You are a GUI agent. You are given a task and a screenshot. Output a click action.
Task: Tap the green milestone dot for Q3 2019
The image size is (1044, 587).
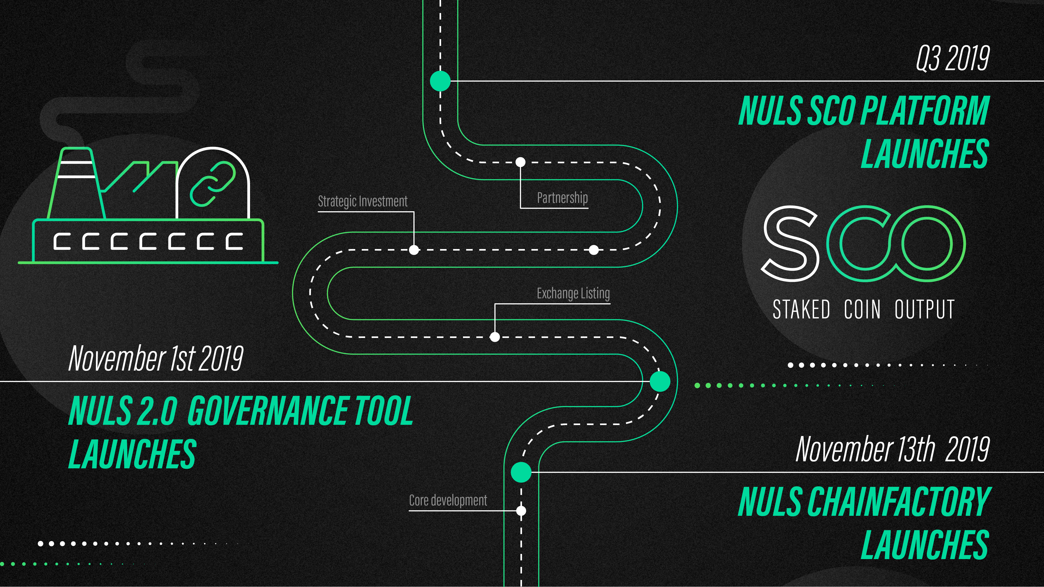click(440, 81)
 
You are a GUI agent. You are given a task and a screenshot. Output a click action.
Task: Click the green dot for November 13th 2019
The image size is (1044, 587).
click(521, 472)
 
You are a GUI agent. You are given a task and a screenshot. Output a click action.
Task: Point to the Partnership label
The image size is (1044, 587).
click(562, 198)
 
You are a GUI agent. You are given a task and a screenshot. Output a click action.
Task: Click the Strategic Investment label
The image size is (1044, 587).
click(363, 201)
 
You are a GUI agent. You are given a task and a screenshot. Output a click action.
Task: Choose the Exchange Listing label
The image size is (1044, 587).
click(573, 293)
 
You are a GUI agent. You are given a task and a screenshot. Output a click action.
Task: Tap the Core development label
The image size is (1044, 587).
click(448, 500)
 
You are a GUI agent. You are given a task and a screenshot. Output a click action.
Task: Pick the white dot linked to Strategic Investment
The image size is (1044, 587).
click(414, 250)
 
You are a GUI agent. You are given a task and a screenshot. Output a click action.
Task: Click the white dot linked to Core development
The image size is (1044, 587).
click(521, 511)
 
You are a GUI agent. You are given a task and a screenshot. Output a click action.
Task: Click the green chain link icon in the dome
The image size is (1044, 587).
click(213, 184)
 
